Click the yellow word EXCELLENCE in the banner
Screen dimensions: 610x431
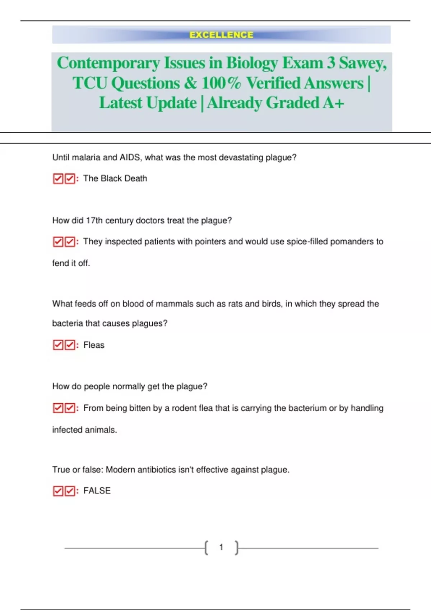click(x=221, y=35)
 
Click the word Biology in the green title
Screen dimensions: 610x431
click(x=251, y=63)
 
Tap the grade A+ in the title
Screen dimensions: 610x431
click(x=333, y=103)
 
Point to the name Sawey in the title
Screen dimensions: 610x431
click(x=363, y=63)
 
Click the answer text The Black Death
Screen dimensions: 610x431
click(x=115, y=178)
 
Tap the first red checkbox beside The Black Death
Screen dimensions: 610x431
click(x=58, y=178)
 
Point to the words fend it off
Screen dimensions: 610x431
click(x=71, y=263)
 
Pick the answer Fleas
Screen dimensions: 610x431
click(x=94, y=345)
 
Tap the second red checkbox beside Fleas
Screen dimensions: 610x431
click(x=70, y=345)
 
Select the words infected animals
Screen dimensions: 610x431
click(x=84, y=430)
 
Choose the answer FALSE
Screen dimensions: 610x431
click(x=97, y=491)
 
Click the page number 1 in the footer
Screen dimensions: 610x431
click(x=221, y=547)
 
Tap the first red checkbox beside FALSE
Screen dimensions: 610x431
click(x=58, y=491)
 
